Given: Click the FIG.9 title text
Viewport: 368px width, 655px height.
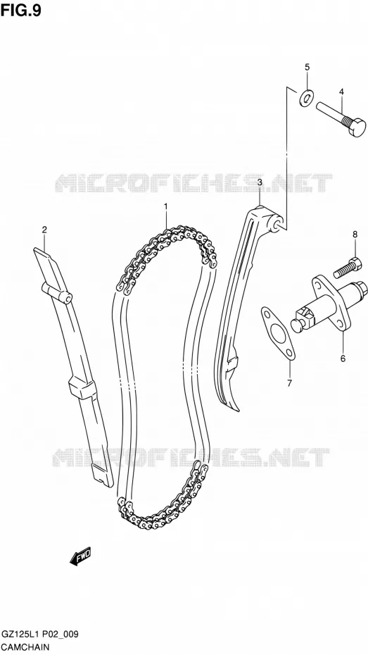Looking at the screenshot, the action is point(21,10).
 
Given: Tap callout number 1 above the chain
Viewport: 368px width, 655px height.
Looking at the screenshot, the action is point(165,206).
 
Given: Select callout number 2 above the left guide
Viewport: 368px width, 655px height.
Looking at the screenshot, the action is point(44,230).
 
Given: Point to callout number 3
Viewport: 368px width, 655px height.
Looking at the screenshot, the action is point(260,182).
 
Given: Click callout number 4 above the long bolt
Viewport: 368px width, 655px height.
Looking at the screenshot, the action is point(341,92).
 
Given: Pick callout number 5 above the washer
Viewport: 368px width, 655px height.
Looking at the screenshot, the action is point(307,67).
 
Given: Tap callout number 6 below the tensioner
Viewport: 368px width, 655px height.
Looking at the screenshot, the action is point(343,358).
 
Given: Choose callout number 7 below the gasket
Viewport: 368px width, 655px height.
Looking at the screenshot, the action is point(290,382).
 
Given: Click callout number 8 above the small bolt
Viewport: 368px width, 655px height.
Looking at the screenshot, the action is point(355,235).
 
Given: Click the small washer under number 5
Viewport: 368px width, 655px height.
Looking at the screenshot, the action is point(306,98).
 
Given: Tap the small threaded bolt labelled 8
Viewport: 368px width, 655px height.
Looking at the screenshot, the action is point(348,268).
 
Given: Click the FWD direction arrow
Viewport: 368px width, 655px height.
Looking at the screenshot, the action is point(80,557).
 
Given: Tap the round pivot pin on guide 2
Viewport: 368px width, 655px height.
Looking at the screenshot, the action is point(65,298).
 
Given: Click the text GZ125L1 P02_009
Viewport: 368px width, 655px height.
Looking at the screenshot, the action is point(39,635).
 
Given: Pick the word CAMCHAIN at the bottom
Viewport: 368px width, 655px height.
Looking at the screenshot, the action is point(26,647).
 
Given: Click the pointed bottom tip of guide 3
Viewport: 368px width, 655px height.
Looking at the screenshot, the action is point(237,409).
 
